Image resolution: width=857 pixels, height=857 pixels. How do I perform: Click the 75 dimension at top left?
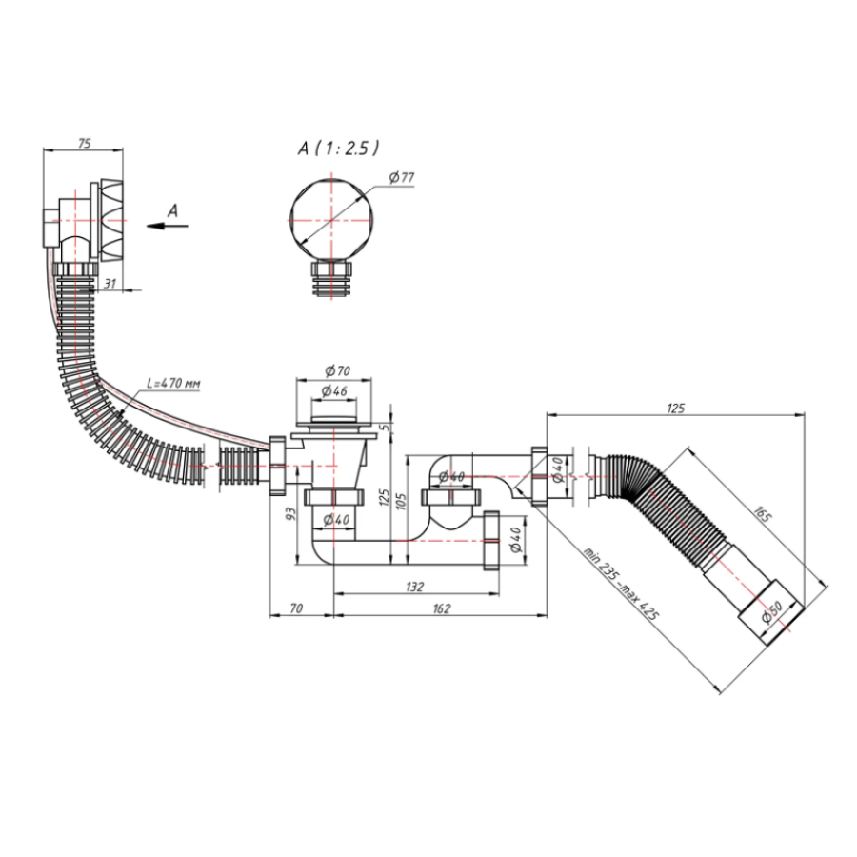(84, 143)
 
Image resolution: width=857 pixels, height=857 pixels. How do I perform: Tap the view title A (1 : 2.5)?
(338, 149)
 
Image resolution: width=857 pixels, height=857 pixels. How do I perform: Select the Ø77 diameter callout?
(402, 177)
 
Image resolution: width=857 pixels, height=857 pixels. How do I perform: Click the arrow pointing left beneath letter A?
(168, 225)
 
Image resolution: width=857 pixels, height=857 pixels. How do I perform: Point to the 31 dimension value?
(110, 284)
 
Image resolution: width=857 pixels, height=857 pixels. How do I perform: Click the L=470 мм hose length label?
(173, 383)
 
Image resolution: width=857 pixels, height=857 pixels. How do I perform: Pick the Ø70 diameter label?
(338, 370)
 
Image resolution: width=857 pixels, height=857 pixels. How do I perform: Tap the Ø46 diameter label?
(334, 390)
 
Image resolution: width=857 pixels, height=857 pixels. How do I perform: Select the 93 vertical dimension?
(290, 514)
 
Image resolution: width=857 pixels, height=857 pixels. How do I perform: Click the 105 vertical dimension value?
(401, 502)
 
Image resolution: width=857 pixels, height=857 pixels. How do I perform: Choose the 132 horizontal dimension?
(415, 587)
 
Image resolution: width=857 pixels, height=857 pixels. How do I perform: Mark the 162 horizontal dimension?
(442, 608)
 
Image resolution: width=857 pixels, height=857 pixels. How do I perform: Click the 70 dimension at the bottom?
(296, 608)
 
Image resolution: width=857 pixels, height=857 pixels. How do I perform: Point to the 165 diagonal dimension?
(763, 514)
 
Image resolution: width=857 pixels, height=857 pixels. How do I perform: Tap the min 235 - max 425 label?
(621, 583)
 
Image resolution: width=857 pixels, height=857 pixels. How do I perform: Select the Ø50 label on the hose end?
(771, 612)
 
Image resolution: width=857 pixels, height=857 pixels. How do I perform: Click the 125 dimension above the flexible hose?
(675, 409)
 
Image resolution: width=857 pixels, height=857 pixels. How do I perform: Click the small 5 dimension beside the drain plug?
(387, 427)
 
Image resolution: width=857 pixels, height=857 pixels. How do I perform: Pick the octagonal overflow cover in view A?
(331, 221)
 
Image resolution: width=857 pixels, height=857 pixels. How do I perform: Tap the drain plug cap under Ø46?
(333, 420)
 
